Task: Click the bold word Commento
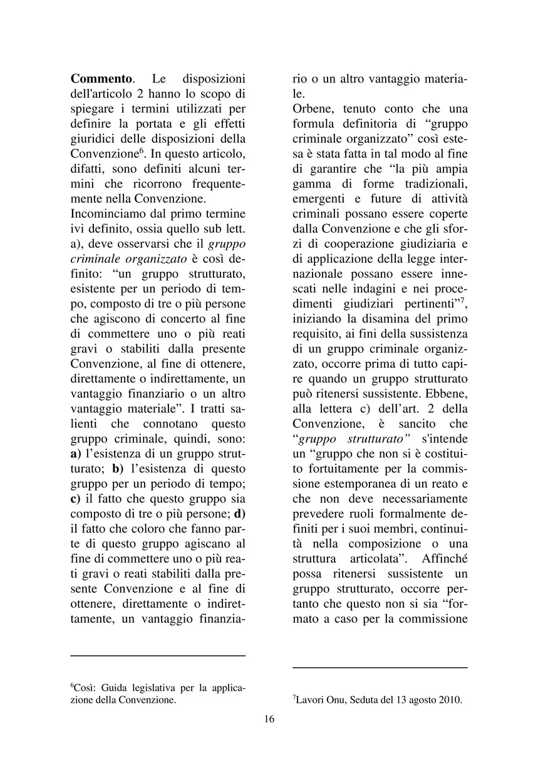coord(100,79)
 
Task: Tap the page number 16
coord(269,719)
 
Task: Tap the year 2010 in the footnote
coord(450,700)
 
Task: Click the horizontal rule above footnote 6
coord(158,656)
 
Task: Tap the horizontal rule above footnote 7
coord(380,668)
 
